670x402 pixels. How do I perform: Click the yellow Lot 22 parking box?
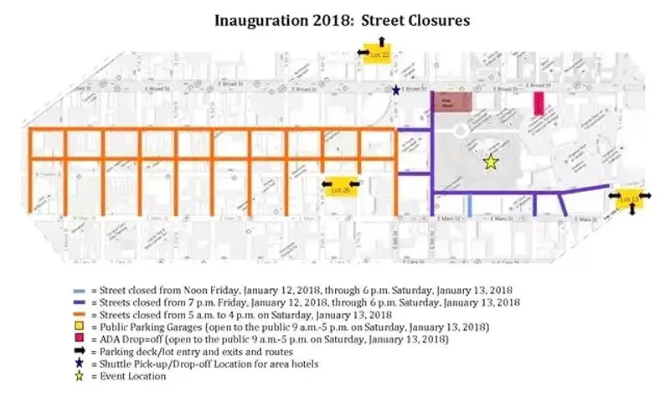(x=380, y=54)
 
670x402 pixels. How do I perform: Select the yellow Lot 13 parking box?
(x=628, y=198)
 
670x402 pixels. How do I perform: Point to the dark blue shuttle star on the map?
(x=396, y=90)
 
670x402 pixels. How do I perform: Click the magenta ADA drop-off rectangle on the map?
(x=539, y=104)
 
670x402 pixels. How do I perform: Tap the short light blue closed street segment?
(x=469, y=204)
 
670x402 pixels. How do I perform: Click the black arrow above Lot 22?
(x=380, y=40)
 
